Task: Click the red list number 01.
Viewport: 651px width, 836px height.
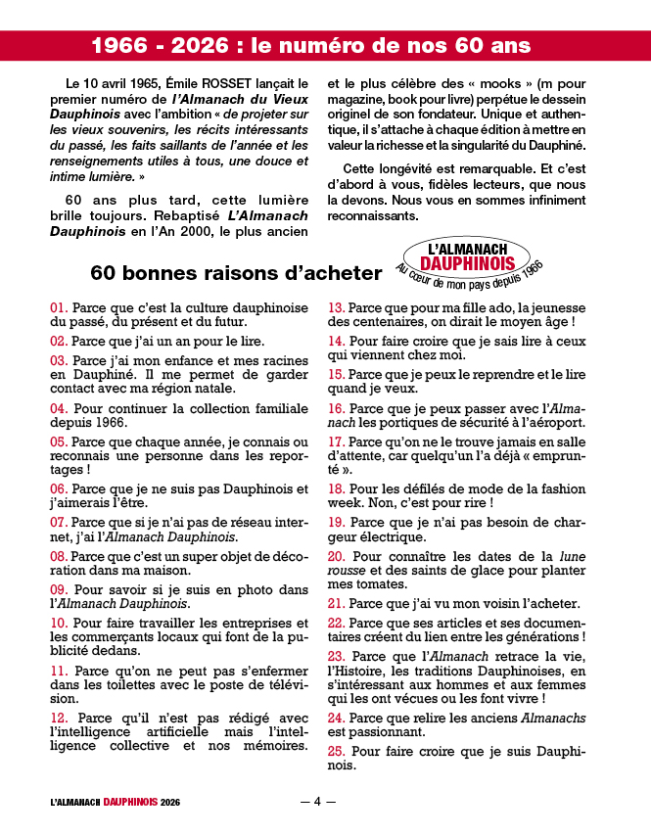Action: coord(59,308)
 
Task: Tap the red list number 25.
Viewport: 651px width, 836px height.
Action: coord(336,751)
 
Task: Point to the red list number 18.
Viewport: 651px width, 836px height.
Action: coord(336,488)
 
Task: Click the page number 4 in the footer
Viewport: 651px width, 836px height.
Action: coord(317,802)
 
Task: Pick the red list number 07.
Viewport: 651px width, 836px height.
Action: coord(59,523)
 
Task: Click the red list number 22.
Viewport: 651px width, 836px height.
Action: coord(336,624)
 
